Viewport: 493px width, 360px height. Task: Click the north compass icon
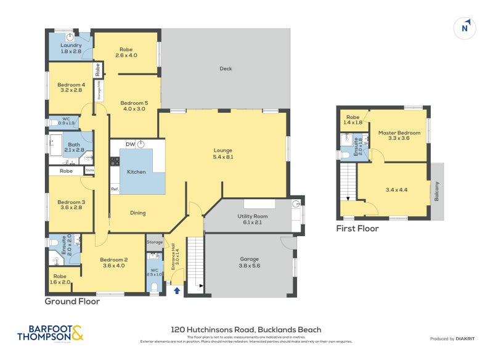pos(465,28)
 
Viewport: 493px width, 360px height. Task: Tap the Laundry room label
pos(71,46)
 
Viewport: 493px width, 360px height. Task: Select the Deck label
pos(226,68)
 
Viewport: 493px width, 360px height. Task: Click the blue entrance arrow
pos(177,288)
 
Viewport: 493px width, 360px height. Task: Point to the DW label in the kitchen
pos(130,144)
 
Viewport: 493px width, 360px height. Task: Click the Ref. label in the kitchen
pos(115,189)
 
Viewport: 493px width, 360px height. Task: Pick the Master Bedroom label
pos(399,133)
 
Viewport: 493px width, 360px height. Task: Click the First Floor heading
pos(357,229)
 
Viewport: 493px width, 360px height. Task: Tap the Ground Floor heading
pos(72,301)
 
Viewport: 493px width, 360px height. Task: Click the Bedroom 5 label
pos(134,103)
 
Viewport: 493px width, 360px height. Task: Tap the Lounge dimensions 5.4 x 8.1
pos(222,157)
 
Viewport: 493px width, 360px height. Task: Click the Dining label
pos(137,213)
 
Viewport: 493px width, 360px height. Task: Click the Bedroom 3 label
pos(71,202)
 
